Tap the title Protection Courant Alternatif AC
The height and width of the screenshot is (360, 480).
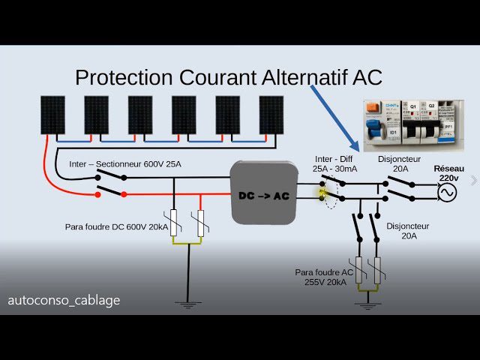pos(229,77)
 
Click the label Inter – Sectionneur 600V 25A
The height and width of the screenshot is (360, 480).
pos(125,163)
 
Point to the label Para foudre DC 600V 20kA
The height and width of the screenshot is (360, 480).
pos(116,226)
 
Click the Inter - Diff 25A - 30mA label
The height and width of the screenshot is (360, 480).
pos(335,164)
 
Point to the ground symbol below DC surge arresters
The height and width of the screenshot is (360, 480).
pos(187,304)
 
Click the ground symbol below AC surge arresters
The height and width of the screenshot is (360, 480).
pos(367,304)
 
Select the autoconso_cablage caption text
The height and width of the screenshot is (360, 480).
pos(64,300)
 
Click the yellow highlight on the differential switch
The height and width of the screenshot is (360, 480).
pos(324,193)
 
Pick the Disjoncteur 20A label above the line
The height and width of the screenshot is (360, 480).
pos(400,164)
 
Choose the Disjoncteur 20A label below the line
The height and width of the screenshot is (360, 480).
pos(406,230)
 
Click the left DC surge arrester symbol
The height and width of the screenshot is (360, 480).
pos(175,223)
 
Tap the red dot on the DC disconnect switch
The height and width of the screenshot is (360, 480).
pos(97,195)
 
